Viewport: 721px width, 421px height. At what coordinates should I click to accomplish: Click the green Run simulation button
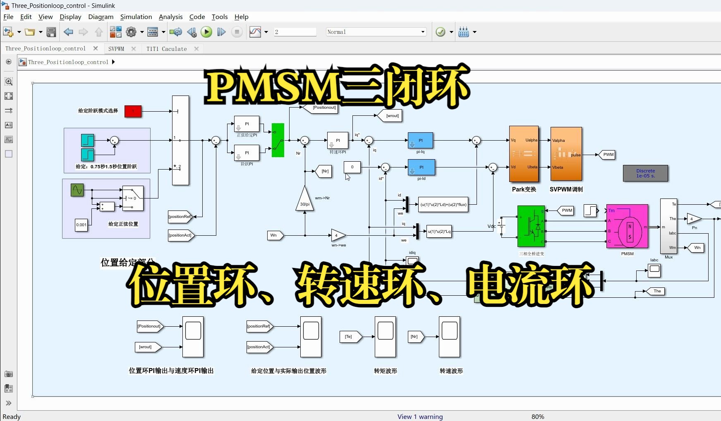point(206,32)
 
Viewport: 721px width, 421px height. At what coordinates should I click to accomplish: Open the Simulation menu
point(136,17)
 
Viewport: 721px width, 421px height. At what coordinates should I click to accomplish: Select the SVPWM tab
point(116,49)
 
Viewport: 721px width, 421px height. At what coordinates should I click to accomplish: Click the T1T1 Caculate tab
point(166,49)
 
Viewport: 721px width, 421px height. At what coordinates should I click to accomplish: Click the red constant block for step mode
point(133,111)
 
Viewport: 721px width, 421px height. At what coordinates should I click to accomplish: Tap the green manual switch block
point(278,140)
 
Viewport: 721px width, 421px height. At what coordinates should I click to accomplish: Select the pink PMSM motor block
point(627,226)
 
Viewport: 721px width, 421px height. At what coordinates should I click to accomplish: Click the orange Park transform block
point(524,154)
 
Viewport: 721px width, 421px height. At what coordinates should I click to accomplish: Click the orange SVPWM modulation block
point(566,154)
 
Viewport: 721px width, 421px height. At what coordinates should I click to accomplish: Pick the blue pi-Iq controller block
point(420,141)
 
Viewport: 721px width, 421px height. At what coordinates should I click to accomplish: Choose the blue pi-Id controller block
point(421,167)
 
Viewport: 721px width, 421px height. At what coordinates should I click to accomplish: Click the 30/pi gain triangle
point(305,200)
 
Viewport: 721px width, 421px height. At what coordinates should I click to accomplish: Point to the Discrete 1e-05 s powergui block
point(645,173)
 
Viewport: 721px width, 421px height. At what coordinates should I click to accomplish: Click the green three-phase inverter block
point(531,226)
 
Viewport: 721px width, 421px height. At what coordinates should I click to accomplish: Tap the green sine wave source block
point(77,190)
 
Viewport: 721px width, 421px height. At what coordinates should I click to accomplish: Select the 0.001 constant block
point(81,225)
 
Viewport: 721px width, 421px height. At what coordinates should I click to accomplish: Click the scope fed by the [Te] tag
point(385,337)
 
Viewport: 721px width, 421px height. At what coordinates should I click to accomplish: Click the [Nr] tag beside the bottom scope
point(415,337)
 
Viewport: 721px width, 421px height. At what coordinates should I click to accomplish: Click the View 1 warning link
point(420,416)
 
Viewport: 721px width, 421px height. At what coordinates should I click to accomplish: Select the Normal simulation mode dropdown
point(376,32)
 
